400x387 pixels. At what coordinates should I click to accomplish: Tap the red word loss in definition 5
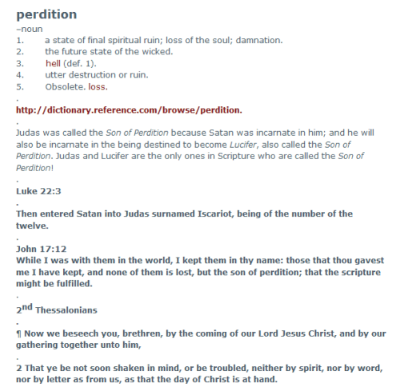pyautogui.click(x=98, y=86)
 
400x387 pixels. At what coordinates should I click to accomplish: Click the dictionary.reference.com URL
pyautogui.click(x=129, y=110)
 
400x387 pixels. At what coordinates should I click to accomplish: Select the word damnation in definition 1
pyautogui.click(x=258, y=40)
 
